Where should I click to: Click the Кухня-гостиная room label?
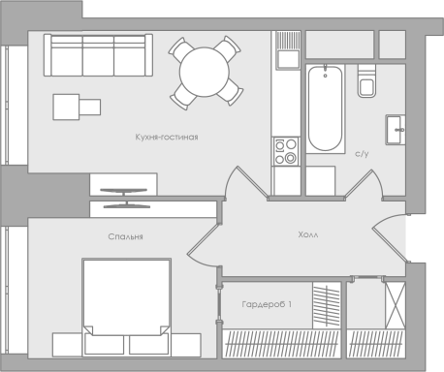pyautogui.click(x=167, y=138)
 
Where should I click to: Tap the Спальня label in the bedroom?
pyautogui.click(x=125, y=236)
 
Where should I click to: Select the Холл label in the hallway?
pyautogui.click(x=308, y=234)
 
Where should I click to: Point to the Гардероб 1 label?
pyautogui.click(x=267, y=304)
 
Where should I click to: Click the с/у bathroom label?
pyautogui.click(x=362, y=154)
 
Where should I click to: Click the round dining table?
pyautogui.click(x=205, y=72)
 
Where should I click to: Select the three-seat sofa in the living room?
pyautogui.click(x=98, y=55)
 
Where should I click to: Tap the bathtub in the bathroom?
pyautogui.click(x=325, y=108)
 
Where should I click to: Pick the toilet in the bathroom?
pyautogui.click(x=366, y=80)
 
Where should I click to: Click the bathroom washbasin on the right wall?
pyautogui.click(x=396, y=130)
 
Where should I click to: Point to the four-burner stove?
pyautogui.click(x=286, y=151)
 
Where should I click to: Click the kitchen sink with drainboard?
pyautogui.click(x=288, y=50)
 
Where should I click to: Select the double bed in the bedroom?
pyautogui.click(x=126, y=307)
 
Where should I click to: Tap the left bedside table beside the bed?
pyautogui.click(x=67, y=345)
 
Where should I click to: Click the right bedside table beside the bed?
pyautogui.click(x=186, y=345)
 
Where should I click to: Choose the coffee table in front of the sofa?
pyautogui.click(x=77, y=107)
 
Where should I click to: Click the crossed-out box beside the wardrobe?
pyautogui.click(x=396, y=305)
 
